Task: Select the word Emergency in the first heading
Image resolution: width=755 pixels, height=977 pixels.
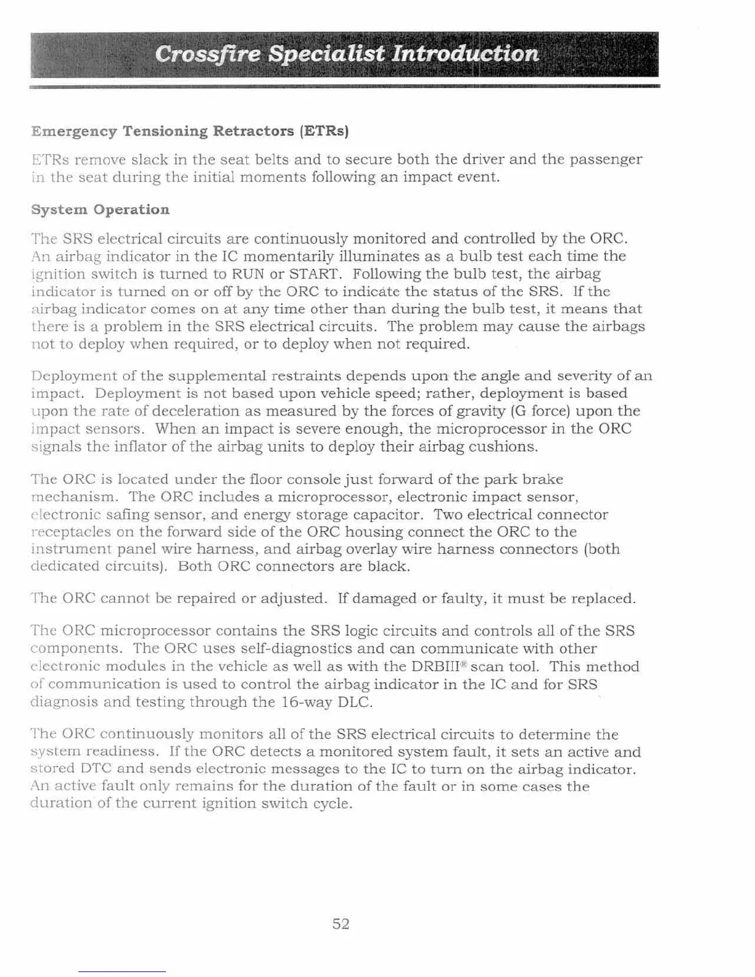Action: [x=74, y=131]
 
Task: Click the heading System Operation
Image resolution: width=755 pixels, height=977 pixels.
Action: [x=101, y=210]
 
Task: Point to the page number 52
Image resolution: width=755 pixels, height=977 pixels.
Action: [x=341, y=923]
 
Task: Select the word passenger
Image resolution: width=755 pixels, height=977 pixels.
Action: [x=606, y=160]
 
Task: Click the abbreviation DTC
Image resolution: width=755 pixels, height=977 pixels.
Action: [x=96, y=769]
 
